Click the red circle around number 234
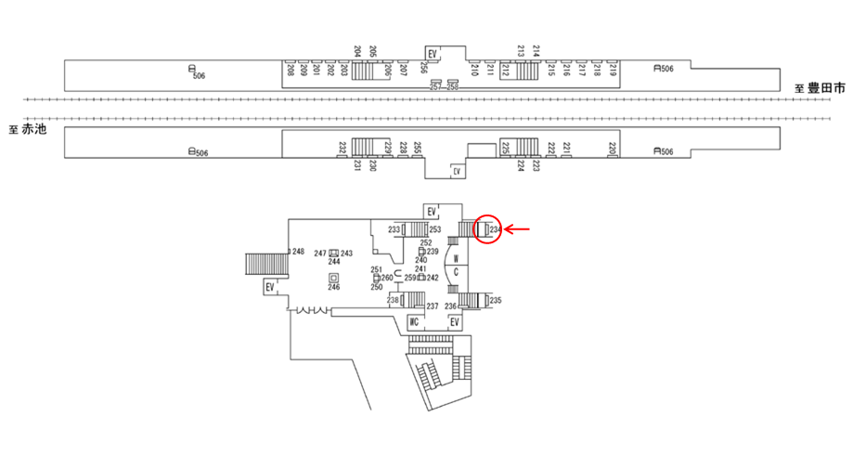click(487, 228)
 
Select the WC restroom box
click(417, 321)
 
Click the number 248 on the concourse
click(298, 252)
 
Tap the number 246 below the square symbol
click(333, 288)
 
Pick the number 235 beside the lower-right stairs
click(496, 300)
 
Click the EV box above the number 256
click(433, 54)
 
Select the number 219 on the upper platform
click(613, 69)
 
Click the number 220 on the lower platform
click(613, 149)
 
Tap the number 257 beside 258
click(436, 85)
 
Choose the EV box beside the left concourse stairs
click(270, 287)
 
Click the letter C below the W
click(457, 272)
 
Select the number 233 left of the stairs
click(394, 229)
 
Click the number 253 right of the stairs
click(434, 229)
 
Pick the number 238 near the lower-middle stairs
click(394, 300)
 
